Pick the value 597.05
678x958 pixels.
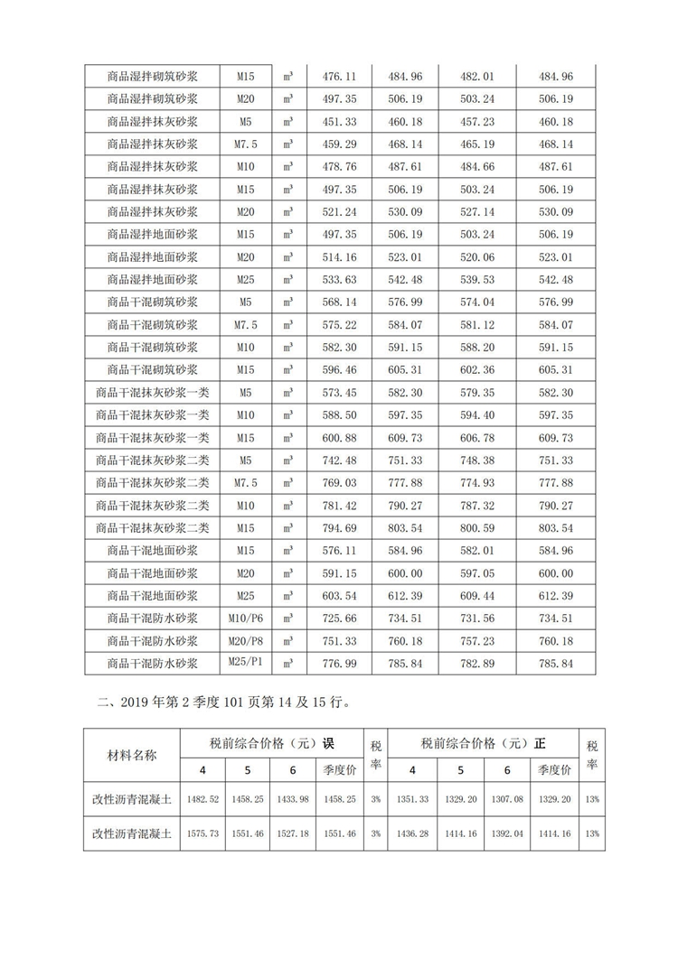pos(476,573)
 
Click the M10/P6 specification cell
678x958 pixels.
pos(245,618)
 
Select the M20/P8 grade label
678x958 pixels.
pos(245,640)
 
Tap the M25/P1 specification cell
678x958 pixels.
pos(245,663)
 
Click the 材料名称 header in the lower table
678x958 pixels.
pos(132,755)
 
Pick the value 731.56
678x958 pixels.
pos(476,619)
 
